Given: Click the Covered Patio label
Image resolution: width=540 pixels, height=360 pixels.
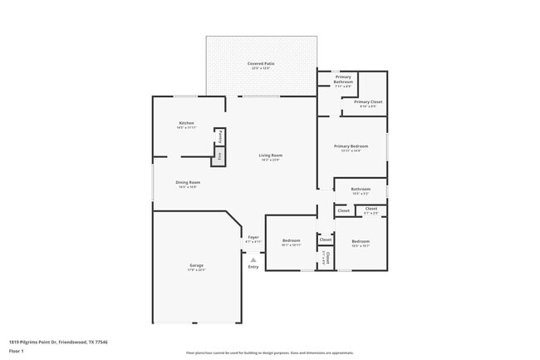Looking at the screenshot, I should (262, 63).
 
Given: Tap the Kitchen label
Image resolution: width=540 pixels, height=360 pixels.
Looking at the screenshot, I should (186, 123).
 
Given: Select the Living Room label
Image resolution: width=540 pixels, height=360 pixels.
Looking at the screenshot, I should (271, 155).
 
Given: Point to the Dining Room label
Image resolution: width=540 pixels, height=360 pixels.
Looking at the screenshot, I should (188, 182).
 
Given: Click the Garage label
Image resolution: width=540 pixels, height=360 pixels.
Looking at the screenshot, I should (196, 265).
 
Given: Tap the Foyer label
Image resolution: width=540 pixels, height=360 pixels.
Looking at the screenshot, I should (253, 237).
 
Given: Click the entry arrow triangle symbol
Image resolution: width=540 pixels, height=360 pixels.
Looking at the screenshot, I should (253, 259).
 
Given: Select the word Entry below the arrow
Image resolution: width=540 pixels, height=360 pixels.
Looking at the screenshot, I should (253, 267).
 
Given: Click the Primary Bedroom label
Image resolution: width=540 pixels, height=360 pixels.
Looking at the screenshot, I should (351, 146).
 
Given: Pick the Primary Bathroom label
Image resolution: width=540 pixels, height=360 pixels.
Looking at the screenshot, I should (343, 79).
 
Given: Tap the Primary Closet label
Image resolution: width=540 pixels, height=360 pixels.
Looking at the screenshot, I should (368, 101).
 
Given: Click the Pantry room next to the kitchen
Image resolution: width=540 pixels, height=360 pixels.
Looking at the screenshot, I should (219, 137).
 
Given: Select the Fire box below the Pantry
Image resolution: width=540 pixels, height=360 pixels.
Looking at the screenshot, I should (219, 155).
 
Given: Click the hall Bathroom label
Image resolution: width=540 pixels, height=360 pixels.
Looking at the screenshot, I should (361, 189).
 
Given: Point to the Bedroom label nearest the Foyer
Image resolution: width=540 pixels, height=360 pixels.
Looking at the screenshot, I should (290, 240).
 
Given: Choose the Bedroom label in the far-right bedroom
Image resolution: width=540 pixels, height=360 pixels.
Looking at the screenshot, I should (361, 241).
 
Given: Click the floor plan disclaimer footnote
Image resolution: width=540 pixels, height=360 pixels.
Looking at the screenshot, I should (270, 353).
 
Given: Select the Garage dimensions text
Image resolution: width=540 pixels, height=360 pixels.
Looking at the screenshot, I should (196, 269).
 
